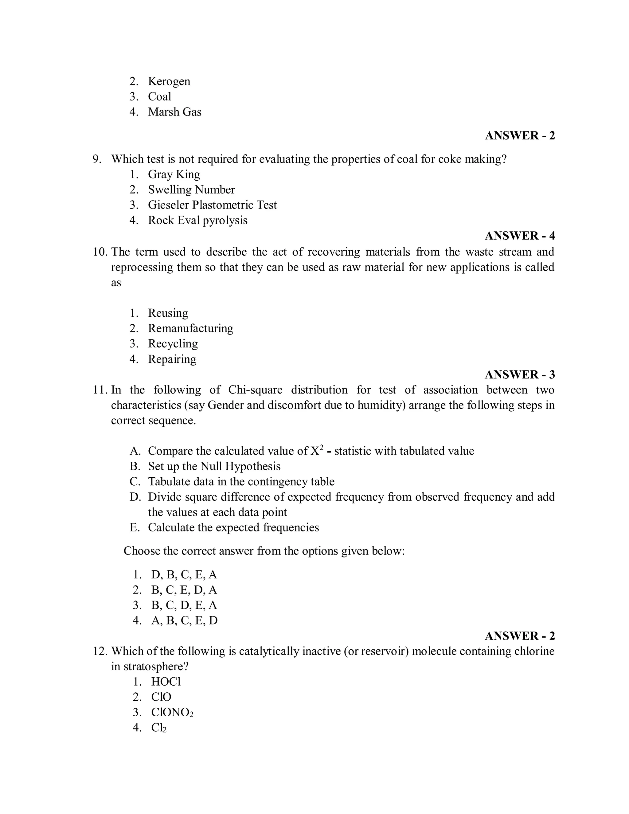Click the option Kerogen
(169, 81)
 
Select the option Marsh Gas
(174, 112)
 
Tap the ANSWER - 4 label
(519, 236)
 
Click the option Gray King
(174, 174)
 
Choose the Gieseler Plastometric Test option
(212, 205)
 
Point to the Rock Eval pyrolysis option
(197, 220)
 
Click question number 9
(97, 159)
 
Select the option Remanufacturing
(190, 328)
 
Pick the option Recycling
(173, 343)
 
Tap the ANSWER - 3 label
(519, 374)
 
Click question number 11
(100, 390)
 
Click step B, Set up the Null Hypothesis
(214, 466)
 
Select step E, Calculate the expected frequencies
(233, 527)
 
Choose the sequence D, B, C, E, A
(184, 574)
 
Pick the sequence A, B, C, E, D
(184, 620)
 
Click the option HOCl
(166, 681)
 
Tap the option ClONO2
(172, 712)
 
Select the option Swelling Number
(191, 189)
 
